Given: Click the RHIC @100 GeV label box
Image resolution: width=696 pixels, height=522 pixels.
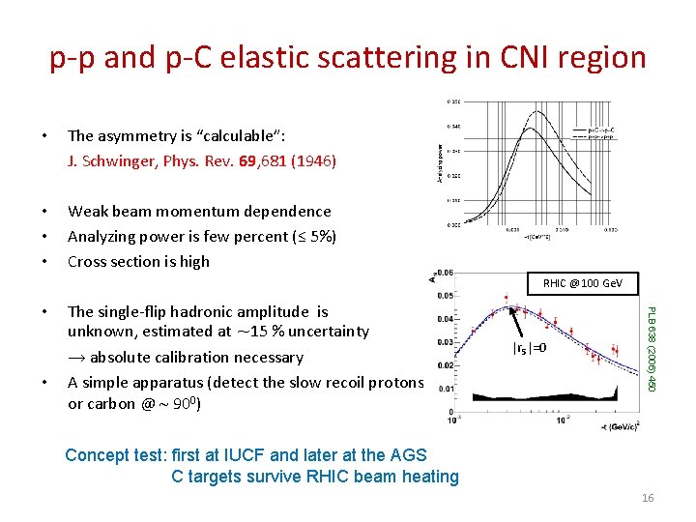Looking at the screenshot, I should click(583, 284).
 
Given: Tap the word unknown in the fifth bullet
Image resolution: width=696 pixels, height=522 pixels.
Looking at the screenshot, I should click(100, 332).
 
